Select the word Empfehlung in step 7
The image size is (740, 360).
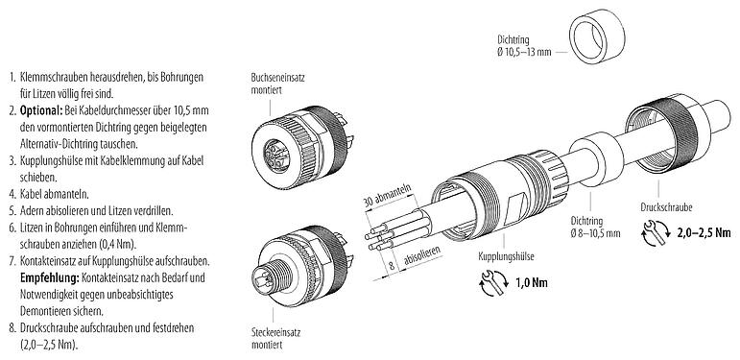pyautogui.click(x=50, y=277)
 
